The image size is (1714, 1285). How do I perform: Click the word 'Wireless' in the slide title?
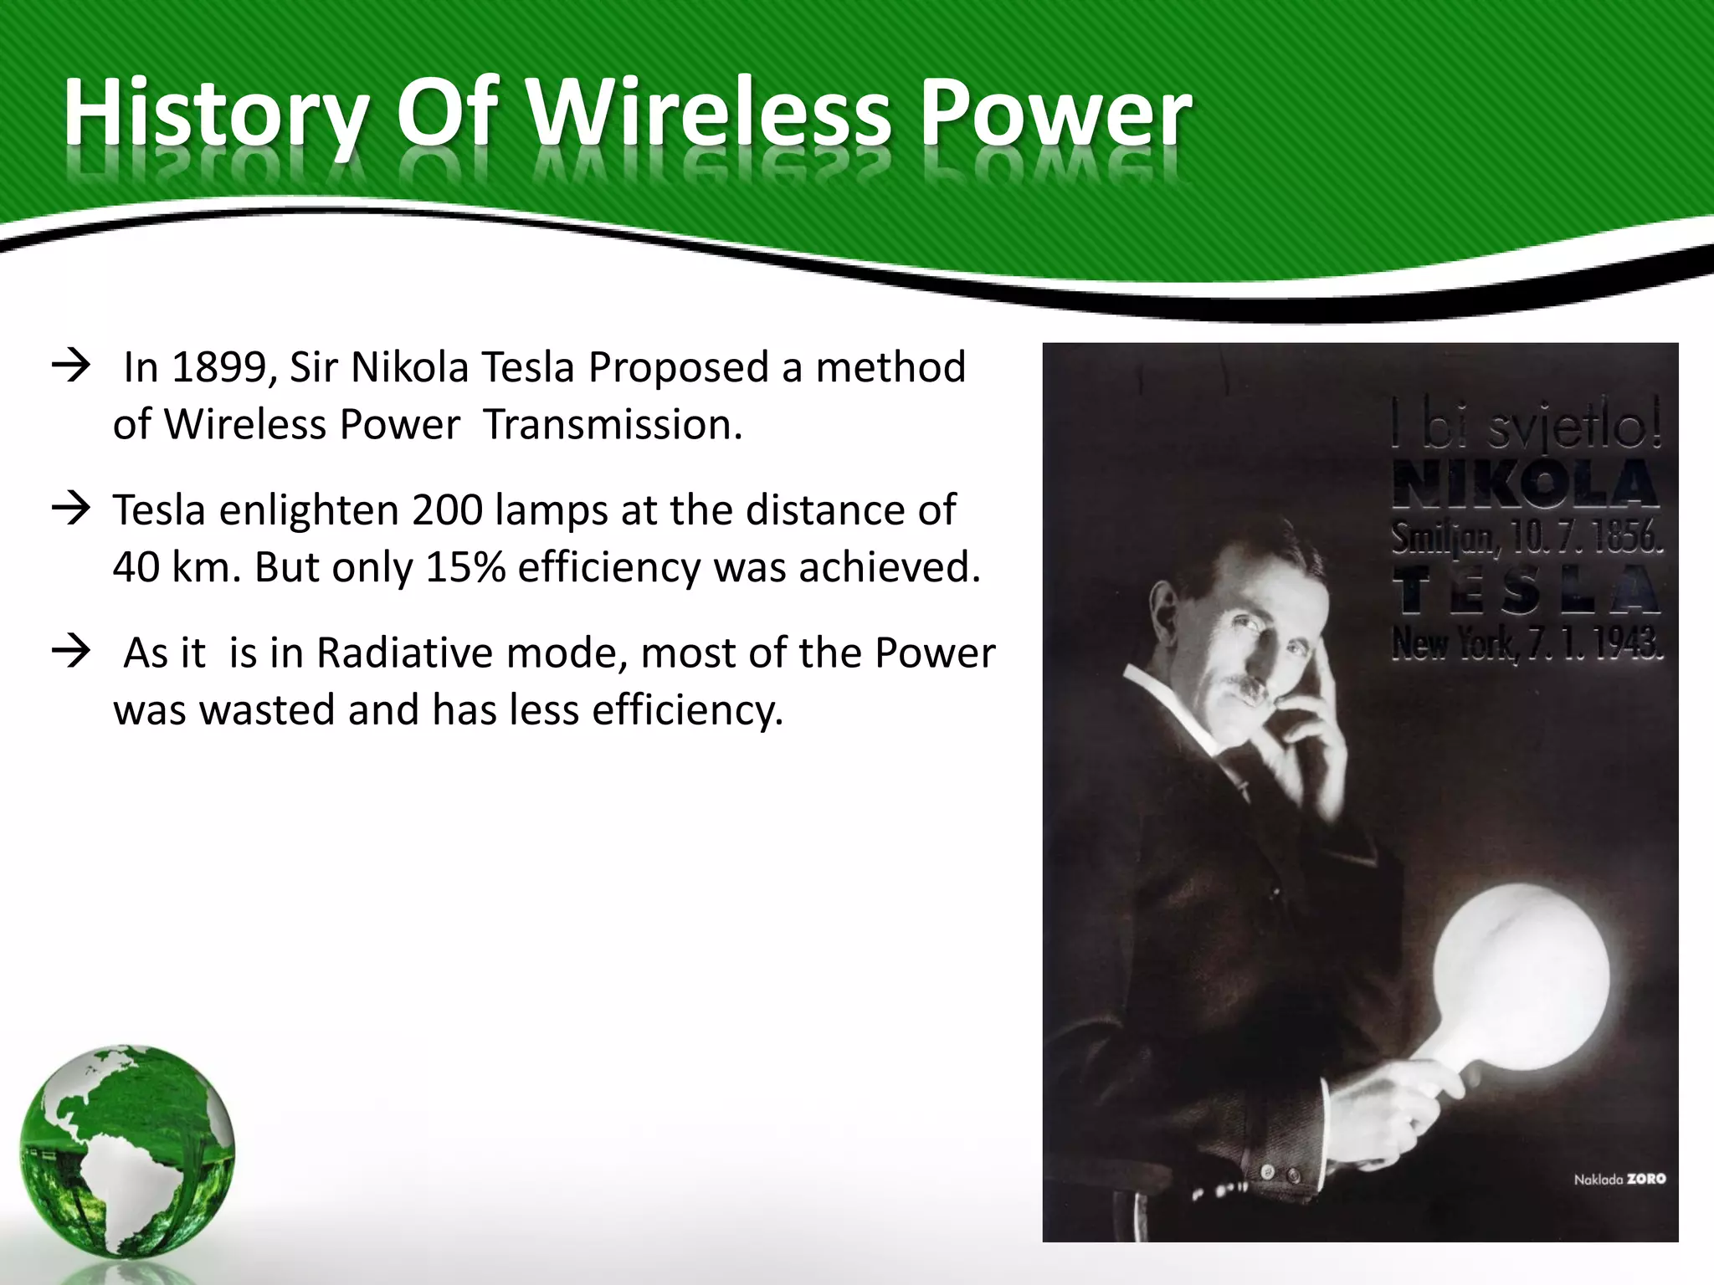pos(711,113)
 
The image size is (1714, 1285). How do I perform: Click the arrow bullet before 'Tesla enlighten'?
pos(71,509)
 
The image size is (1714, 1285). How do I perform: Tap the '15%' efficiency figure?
pos(465,567)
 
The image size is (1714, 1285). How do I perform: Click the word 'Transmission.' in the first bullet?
pos(613,424)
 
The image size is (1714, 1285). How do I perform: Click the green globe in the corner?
pos(127,1151)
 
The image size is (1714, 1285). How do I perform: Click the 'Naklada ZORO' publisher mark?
pos(1619,1180)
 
